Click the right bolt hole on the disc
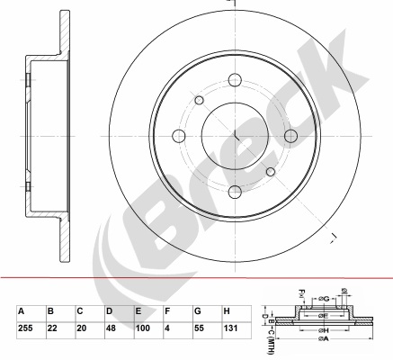(x=290, y=135)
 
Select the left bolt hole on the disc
(x=178, y=135)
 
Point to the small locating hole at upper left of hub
(x=200, y=100)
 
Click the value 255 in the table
(x=25, y=329)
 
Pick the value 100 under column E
(x=141, y=329)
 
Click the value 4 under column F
(x=166, y=329)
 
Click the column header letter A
(x=22, y=311)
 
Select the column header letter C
(x=79, y=311)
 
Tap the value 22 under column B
(x=52, y=329)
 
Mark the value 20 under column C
(x=81, y=329)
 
